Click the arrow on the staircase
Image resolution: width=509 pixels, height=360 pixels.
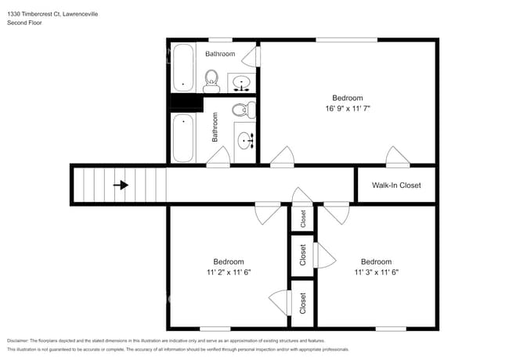tap(121, 185)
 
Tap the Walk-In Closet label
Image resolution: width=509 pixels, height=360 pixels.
tap(396, 185)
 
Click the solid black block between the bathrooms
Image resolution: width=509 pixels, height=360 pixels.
tap(186, 102)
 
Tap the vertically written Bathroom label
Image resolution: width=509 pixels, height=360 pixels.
tap(215, 127)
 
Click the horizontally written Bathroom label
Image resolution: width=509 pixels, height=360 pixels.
tap(220, 54)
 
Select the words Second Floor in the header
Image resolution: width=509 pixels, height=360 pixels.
tap(25, 23)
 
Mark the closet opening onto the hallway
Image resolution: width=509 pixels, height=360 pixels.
tap(303, 219)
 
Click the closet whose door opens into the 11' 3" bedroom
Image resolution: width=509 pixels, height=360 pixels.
tap(303, 255)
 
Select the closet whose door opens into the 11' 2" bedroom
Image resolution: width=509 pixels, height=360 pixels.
tap(303, 303)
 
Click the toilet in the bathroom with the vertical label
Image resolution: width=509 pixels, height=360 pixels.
tap(243, 110)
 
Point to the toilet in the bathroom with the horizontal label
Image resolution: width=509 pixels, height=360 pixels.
tap(211, 81)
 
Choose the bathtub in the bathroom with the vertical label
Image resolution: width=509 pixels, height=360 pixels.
tap(183, 138)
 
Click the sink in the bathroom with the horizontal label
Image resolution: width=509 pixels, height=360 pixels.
tap(242, 81)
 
